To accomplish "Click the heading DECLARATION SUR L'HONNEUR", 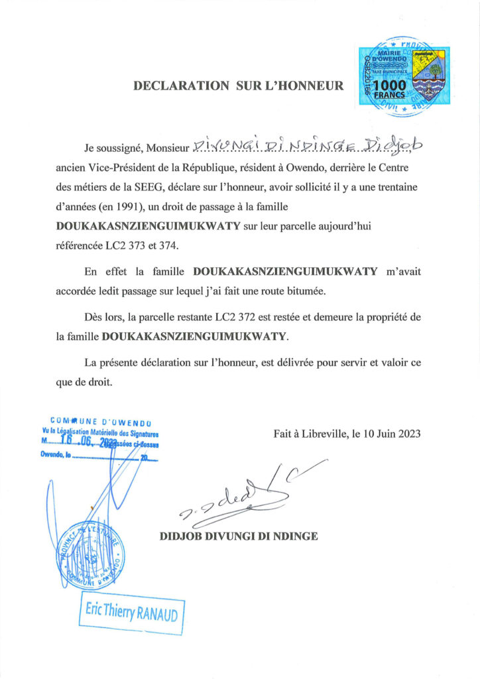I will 239,86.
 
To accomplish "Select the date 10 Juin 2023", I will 390,434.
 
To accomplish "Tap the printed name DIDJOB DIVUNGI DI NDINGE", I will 239,536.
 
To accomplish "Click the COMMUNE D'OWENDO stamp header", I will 102,421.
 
